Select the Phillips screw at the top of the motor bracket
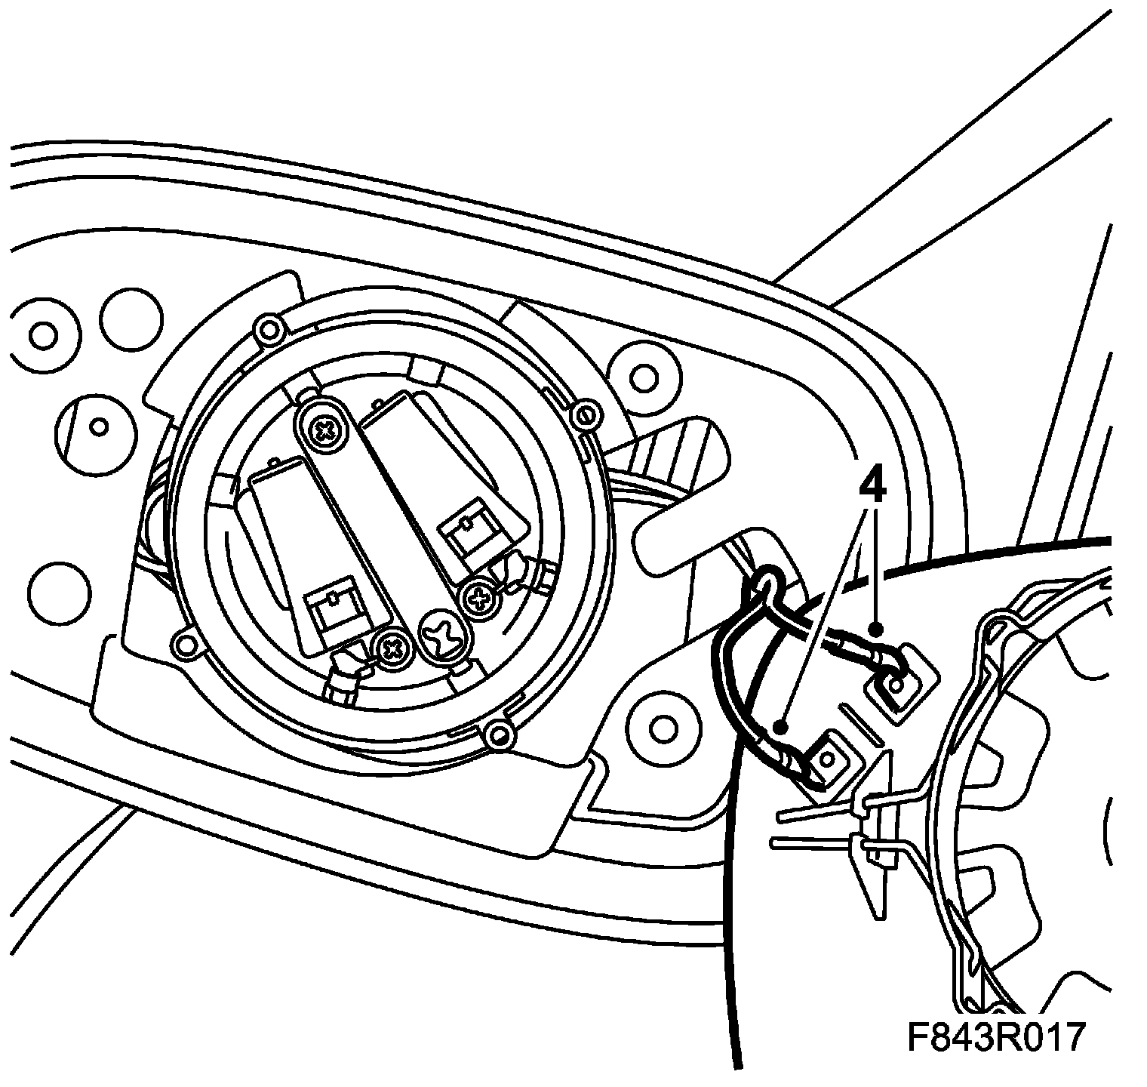coord(326,431)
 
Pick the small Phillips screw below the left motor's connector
coord(392,646)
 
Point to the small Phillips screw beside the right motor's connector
coord(479,599)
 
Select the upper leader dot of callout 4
coord(875,628)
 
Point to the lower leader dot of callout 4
coord(783,728)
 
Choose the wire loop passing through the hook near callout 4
coord(767,582)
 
